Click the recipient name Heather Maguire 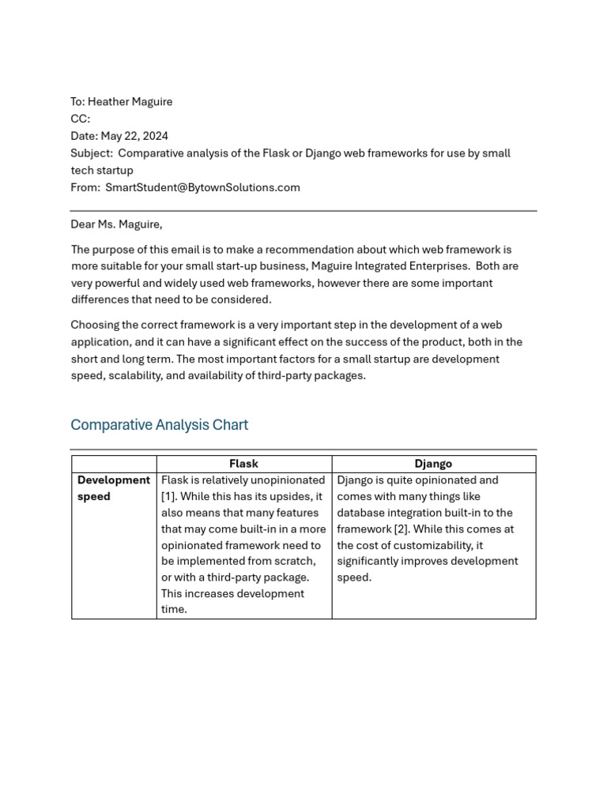click(x=130, y=102)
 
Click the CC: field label click(x=81, y=119)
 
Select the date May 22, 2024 click(x=134, y=136)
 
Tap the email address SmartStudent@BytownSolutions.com click(x=202, y=187)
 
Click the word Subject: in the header click(x=92, y=153)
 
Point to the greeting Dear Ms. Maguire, click(x=116, y=224)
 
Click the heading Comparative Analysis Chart click(x=159, y=425)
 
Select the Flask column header click(x=243, y=464)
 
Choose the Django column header click(x=433, y=464)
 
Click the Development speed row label click(x=113, y=488)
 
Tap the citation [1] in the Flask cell click(x=168, y=496)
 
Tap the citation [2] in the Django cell click(x=401, y=529)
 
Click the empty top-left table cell click(x=114, y=464)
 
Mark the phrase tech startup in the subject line click(x=102, y=171)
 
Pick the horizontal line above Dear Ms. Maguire click(x=303, y=211)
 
